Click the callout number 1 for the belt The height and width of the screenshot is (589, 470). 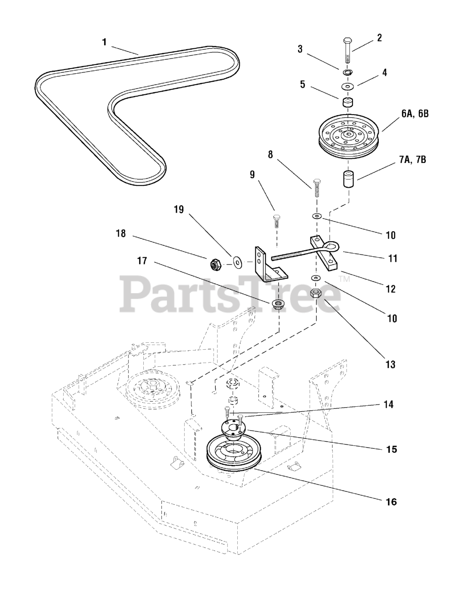coord(104,42)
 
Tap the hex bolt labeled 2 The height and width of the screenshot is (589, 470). coord(347,51)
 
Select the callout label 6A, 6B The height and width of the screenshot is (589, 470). coord(414,114)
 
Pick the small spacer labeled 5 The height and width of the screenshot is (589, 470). coord(348,102)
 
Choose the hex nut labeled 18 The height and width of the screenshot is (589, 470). coord(215,264)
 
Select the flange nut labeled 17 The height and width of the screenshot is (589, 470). coord(278,304)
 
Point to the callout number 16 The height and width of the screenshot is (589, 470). coord(391,501)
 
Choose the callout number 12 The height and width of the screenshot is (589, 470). coord(390,289)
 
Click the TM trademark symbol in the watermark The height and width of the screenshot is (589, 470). coord(345,279)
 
